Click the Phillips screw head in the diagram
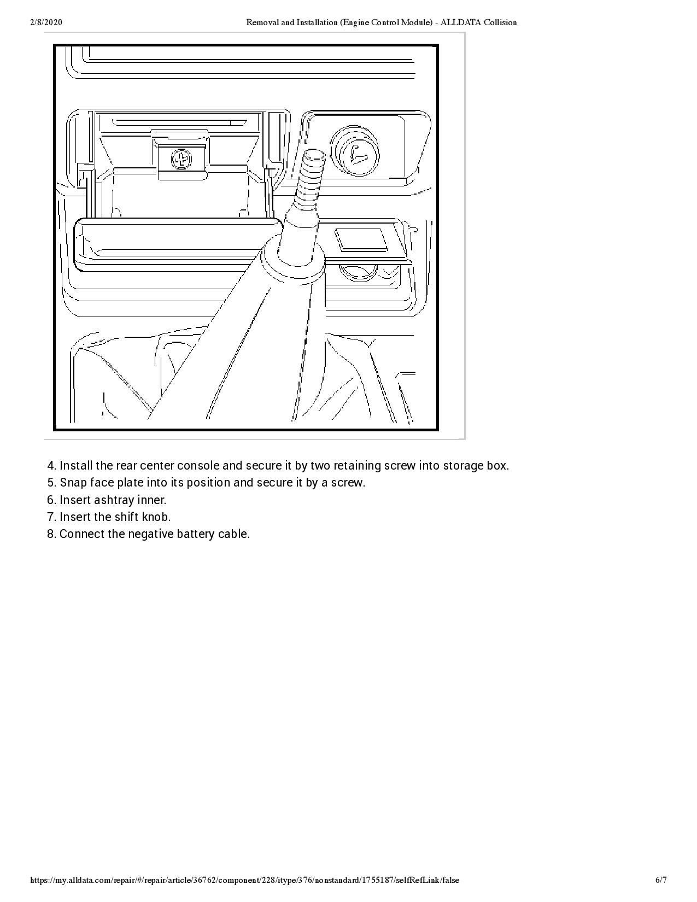tap(181, 160)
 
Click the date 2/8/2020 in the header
tap(46, 22)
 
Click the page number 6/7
tap(661, 880)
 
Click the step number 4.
tap(51, 466)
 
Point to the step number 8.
tap(51, 534)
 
